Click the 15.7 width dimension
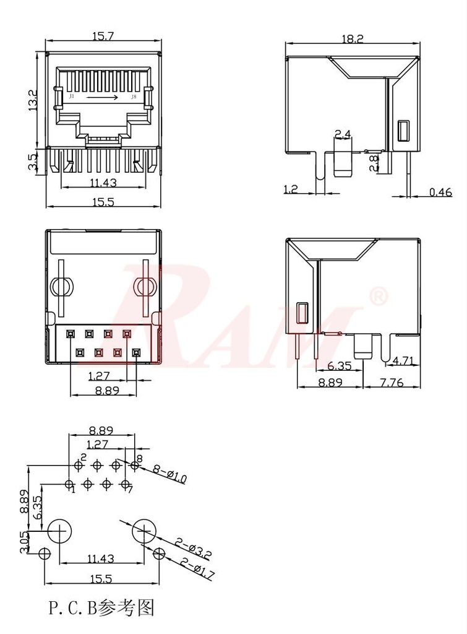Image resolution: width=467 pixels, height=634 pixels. click(103, 37)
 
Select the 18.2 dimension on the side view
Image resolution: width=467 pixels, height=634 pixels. click(352, 38)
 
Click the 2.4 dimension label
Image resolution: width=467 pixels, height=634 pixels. click(343, 134)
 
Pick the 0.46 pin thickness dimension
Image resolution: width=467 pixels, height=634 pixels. click(440, 193)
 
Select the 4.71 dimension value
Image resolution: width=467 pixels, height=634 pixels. click(403, 360)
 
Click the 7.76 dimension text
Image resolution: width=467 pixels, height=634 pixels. click(390, 383)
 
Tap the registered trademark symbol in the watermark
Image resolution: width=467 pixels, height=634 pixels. click(378, 297)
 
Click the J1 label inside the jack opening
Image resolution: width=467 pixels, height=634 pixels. click(72, 97)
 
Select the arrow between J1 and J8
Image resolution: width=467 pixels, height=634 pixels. click(101, 97)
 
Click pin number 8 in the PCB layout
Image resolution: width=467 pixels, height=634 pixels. click(139, 459)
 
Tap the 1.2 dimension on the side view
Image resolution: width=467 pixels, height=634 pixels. click(291, 189)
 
